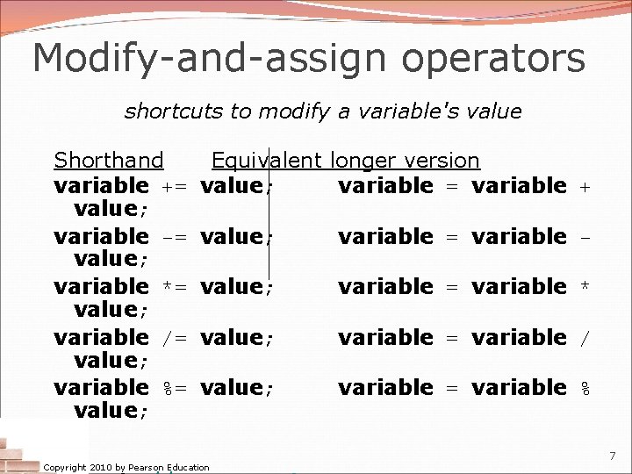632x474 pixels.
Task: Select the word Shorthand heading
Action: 109,161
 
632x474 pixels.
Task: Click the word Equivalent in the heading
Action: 268,161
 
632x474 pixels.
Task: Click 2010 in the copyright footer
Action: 96,468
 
